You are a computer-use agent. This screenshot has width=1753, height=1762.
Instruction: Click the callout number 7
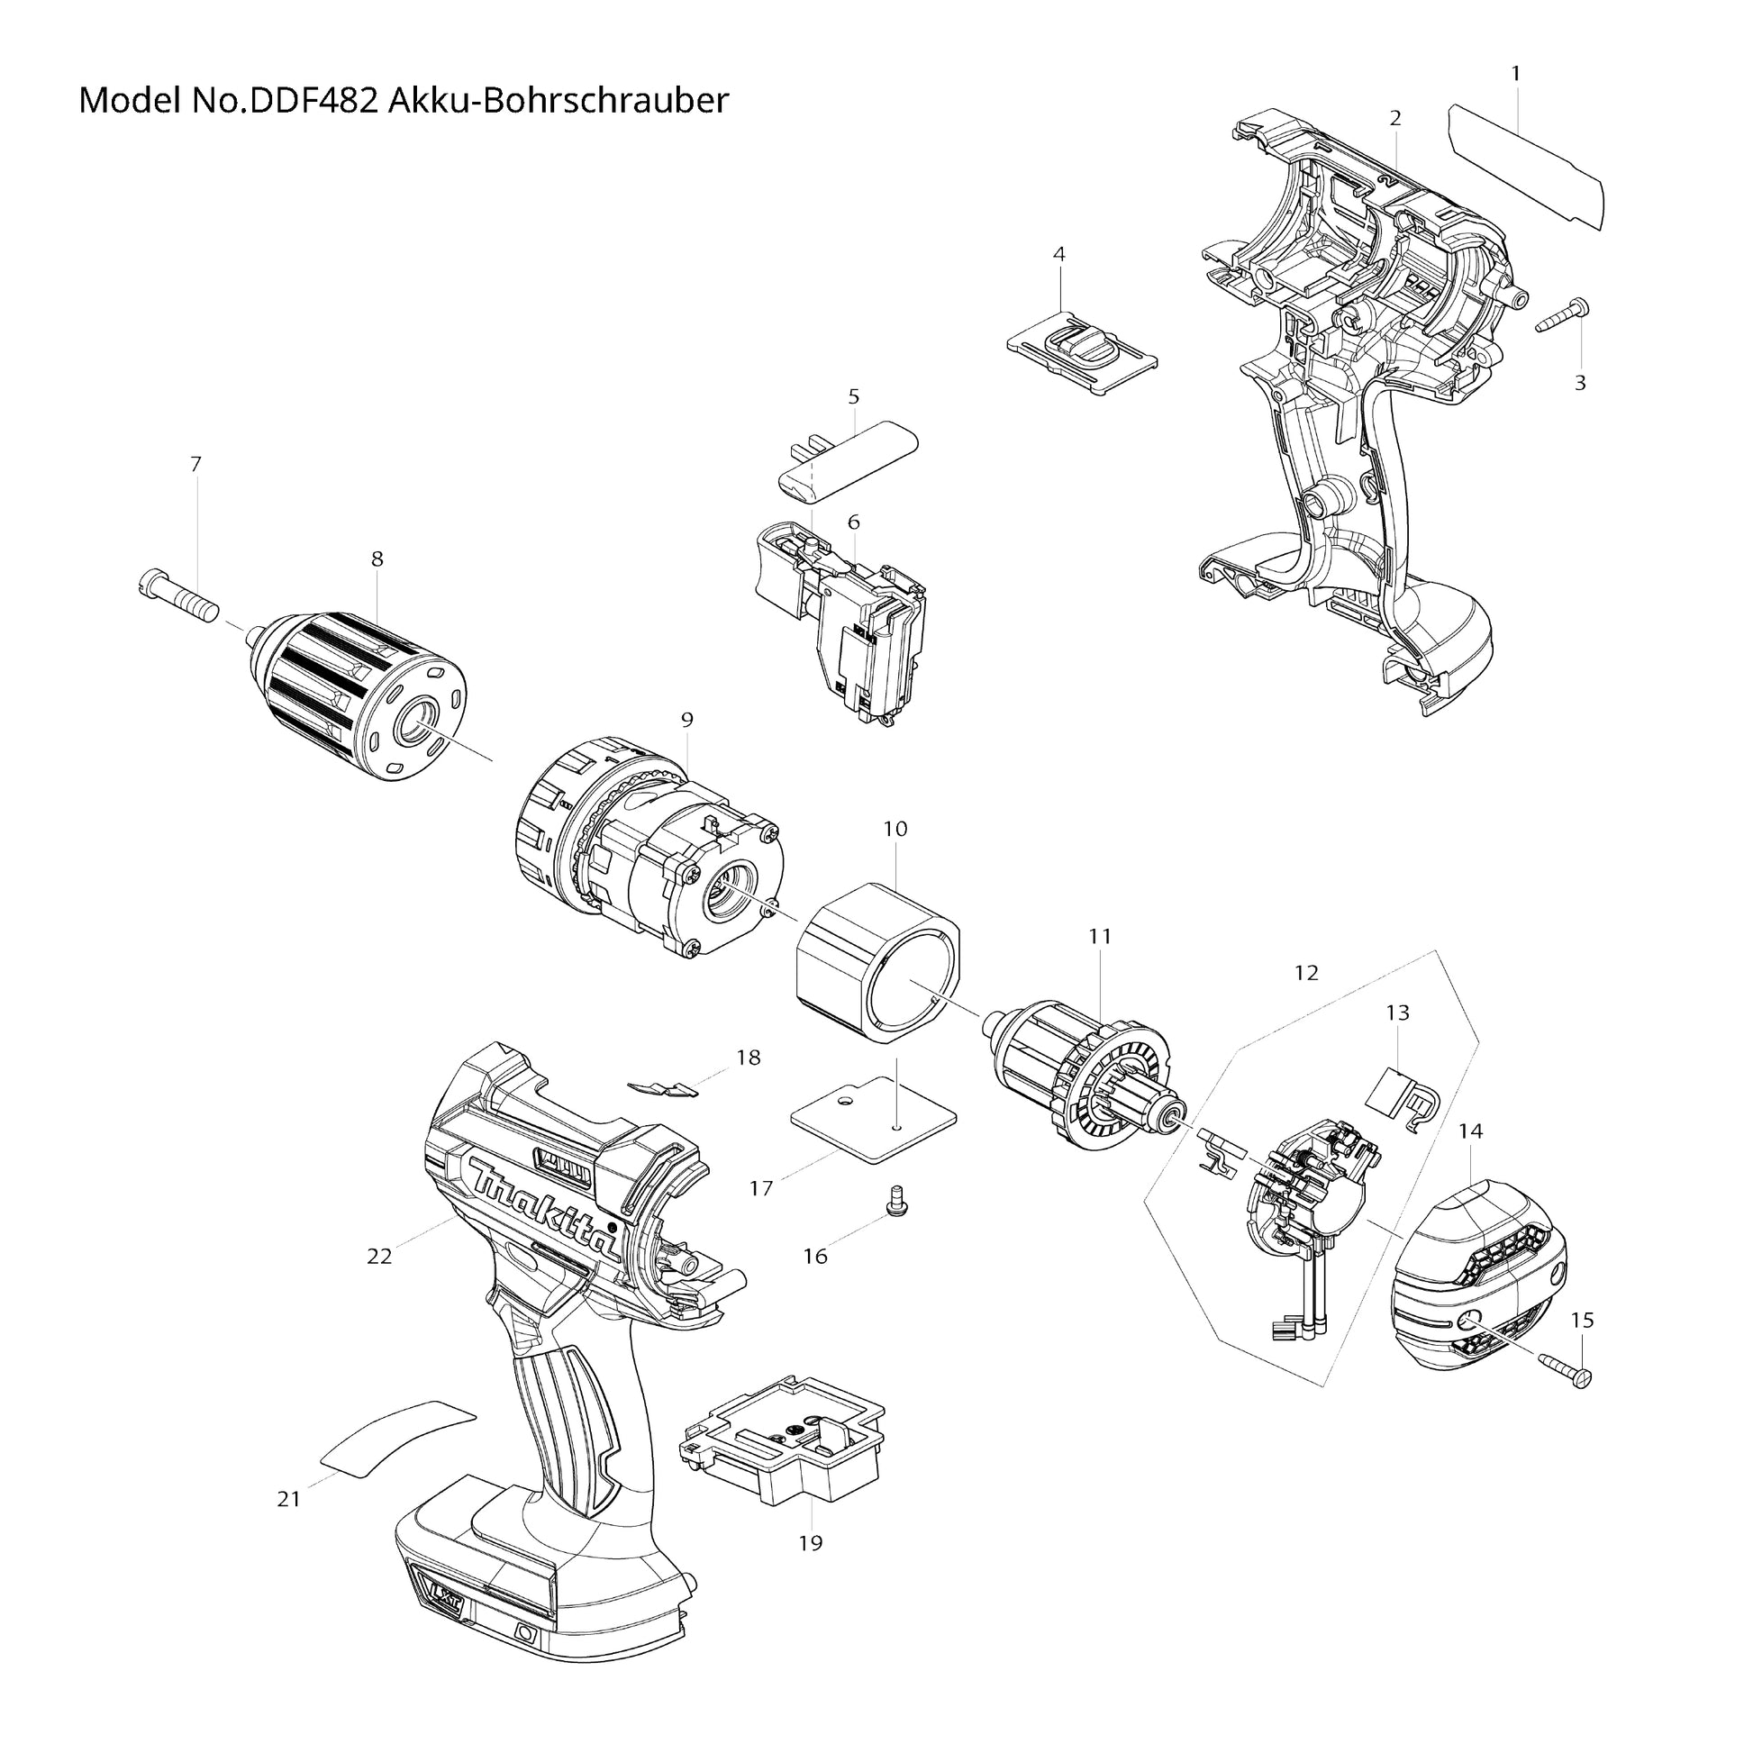click(x=195, y=464)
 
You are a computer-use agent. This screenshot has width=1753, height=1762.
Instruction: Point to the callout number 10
click(x=895, y=829)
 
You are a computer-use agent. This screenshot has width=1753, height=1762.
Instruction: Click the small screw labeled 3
click(x=1562, y=315)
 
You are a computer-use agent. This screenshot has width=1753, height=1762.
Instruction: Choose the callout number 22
click(x=379, y=1256)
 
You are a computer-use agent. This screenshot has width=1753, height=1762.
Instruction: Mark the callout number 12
click(x=1306, y=973)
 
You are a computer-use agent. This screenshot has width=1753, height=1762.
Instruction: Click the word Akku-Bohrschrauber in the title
click(x=559, y=100)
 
